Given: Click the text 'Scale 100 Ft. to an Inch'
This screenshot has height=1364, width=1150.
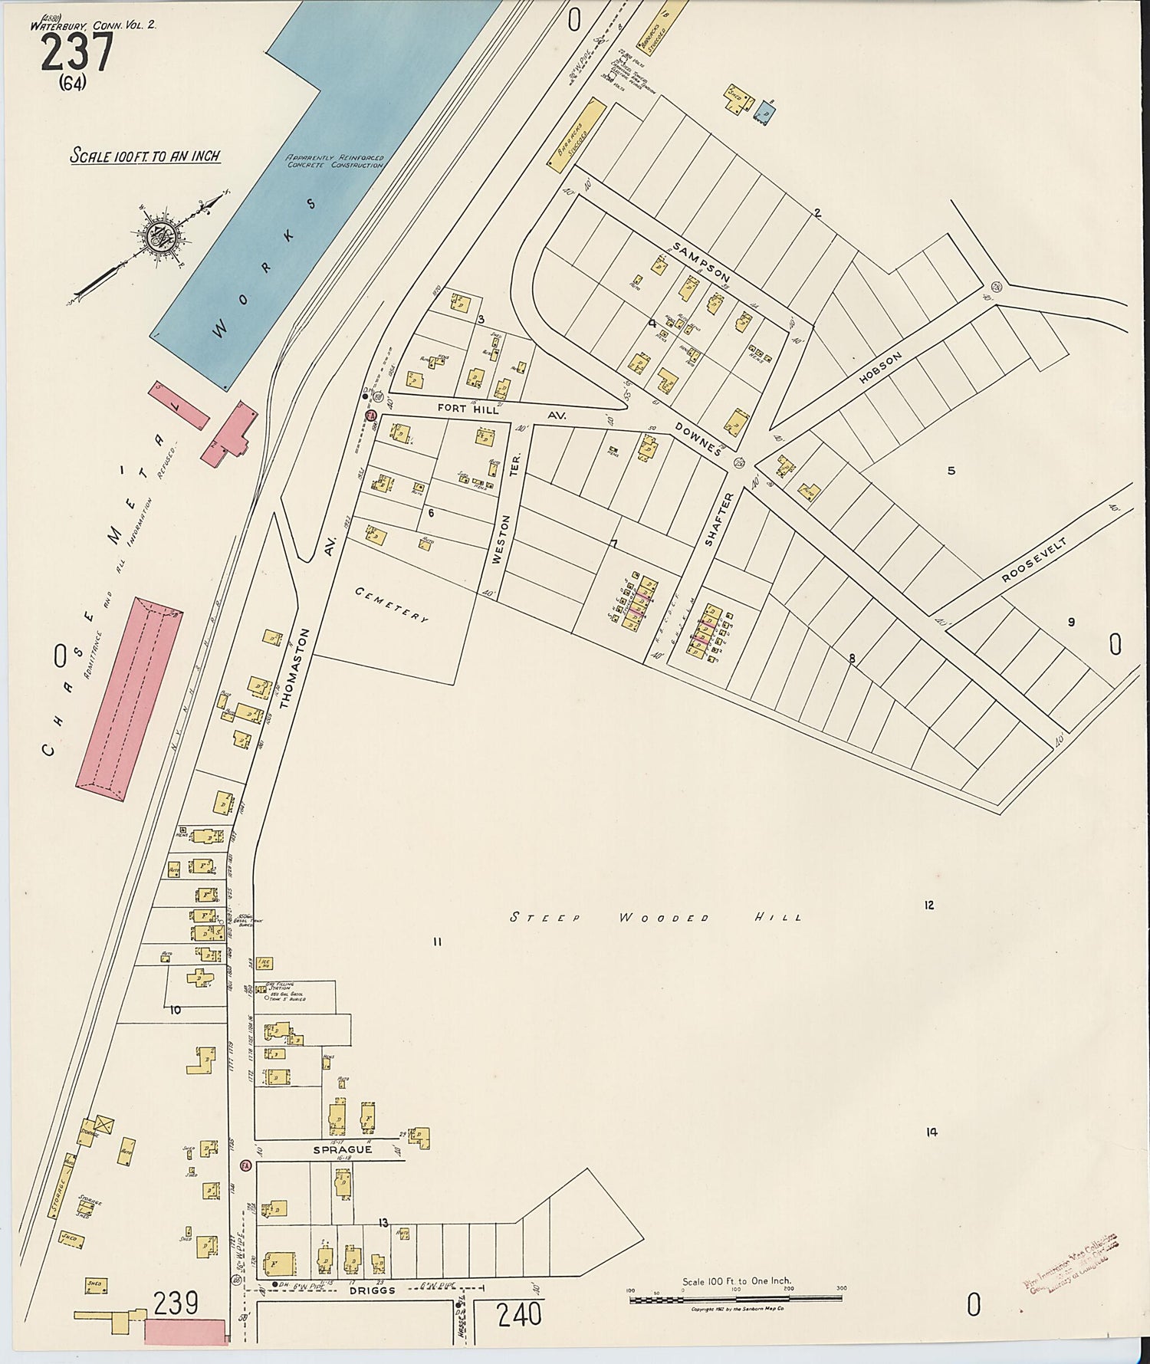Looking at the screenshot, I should pos(145,156).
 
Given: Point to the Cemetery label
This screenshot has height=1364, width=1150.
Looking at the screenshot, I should pos(391,604).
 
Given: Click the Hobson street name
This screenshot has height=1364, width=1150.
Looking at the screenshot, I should pos(880,368).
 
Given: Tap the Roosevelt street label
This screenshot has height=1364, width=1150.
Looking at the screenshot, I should pos(1034,560).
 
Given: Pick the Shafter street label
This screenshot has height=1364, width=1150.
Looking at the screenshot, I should pos(718,519).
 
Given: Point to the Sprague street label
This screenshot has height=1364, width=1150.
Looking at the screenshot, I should pos(342,1149).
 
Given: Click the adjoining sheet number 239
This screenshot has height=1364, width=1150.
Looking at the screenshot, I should pos(176,1303).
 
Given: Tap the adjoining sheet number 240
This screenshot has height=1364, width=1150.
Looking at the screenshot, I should pos(519,1315).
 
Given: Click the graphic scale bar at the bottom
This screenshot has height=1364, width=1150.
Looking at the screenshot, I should pos(736,1299).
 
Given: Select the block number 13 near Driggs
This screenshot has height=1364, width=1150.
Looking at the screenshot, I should pos(383,1223).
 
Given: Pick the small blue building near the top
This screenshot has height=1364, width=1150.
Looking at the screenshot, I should pos(765,113).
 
